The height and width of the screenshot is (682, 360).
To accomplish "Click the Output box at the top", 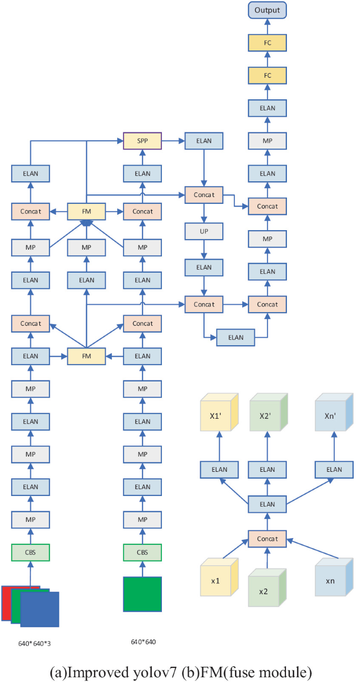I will coord(268,10).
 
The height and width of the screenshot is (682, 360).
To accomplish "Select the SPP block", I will coord(142,141).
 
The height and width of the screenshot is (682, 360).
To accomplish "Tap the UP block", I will coord(203,231).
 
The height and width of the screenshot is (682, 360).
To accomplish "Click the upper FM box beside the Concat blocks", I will coord(87,211).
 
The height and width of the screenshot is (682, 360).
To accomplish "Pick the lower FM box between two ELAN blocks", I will coord(87,356).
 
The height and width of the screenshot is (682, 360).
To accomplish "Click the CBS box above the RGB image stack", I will coord(30,552).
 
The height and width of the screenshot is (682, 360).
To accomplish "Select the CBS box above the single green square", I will coord(142,552).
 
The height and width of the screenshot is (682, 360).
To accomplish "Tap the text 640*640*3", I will coord(29,642).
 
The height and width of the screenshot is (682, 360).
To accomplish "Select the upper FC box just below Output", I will coord(268,43).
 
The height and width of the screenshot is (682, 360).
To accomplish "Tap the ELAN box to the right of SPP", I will coord(203,141).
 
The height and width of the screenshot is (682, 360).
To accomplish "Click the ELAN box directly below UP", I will coord(203,267).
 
